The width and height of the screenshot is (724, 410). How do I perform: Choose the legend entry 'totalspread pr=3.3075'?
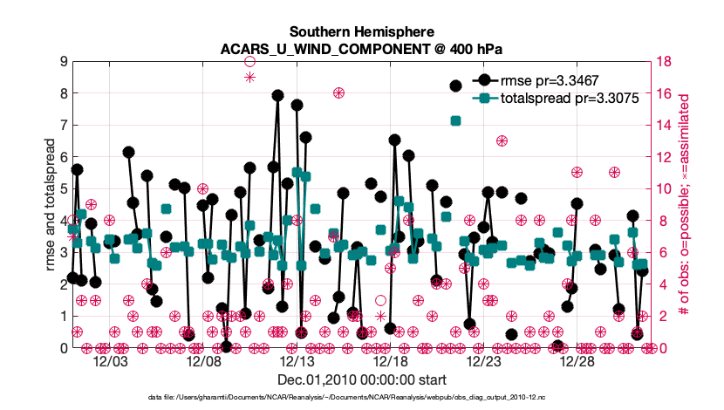coord(570,99)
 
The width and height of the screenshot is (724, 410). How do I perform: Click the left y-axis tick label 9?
coord(63,61)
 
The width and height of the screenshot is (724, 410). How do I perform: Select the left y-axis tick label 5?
coord(63,188)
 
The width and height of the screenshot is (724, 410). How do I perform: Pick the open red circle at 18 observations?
coord(249,61)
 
